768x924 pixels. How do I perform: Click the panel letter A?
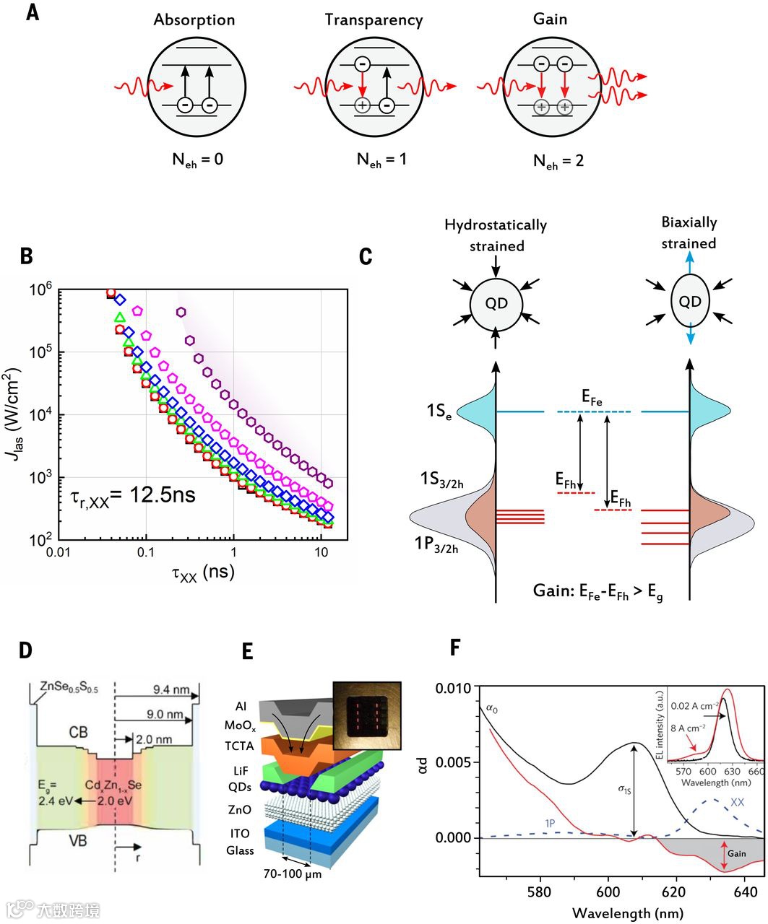32,12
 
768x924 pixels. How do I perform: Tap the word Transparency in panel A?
373,20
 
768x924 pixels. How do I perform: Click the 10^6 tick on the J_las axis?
43,289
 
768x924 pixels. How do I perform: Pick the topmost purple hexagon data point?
181,311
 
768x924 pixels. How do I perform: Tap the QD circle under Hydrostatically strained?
496,304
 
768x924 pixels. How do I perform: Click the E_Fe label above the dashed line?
592,396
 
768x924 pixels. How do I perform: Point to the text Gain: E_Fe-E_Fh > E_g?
599,591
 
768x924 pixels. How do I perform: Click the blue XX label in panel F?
737,802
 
